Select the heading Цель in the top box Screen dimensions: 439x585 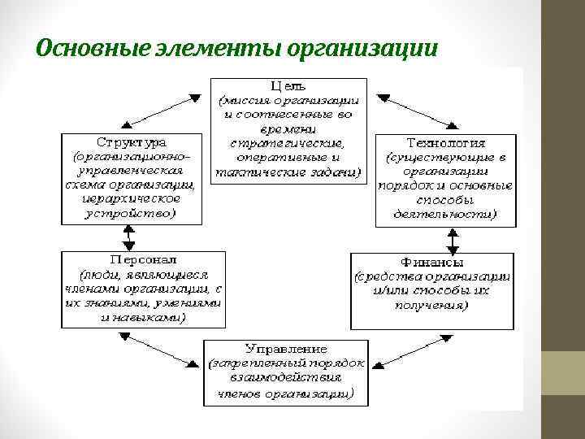tap(288, 85)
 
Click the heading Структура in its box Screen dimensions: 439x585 tap(128, 140)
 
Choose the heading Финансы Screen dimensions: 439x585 tap(432, 263)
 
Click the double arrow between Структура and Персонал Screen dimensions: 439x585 tap(128, 237)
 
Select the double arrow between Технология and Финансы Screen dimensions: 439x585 tap(452, 240)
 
